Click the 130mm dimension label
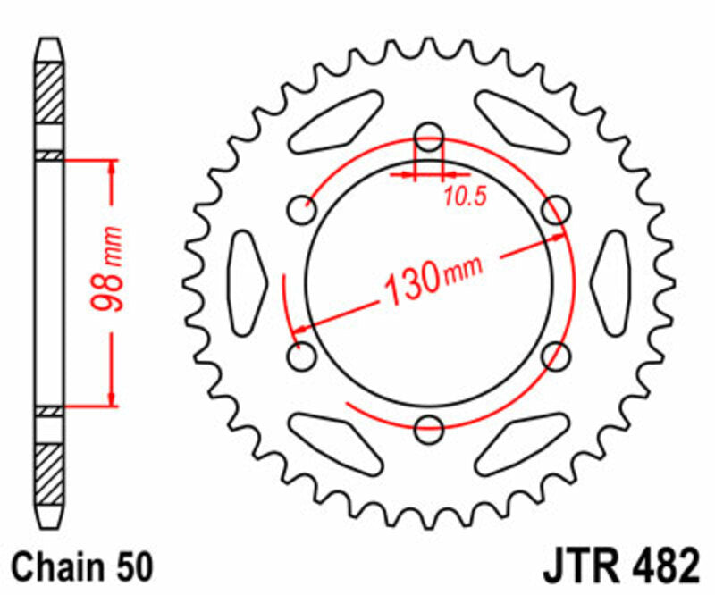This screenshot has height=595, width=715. coord(433,278)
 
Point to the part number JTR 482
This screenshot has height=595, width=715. coord(618,566)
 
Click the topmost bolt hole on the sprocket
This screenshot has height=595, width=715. coord(430,138)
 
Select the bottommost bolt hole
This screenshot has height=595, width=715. coord(430,427)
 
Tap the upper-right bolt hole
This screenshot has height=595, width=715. coord(556,211)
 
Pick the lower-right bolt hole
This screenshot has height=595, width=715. coord(556,356)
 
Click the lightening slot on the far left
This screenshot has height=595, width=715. coord(248,283)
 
